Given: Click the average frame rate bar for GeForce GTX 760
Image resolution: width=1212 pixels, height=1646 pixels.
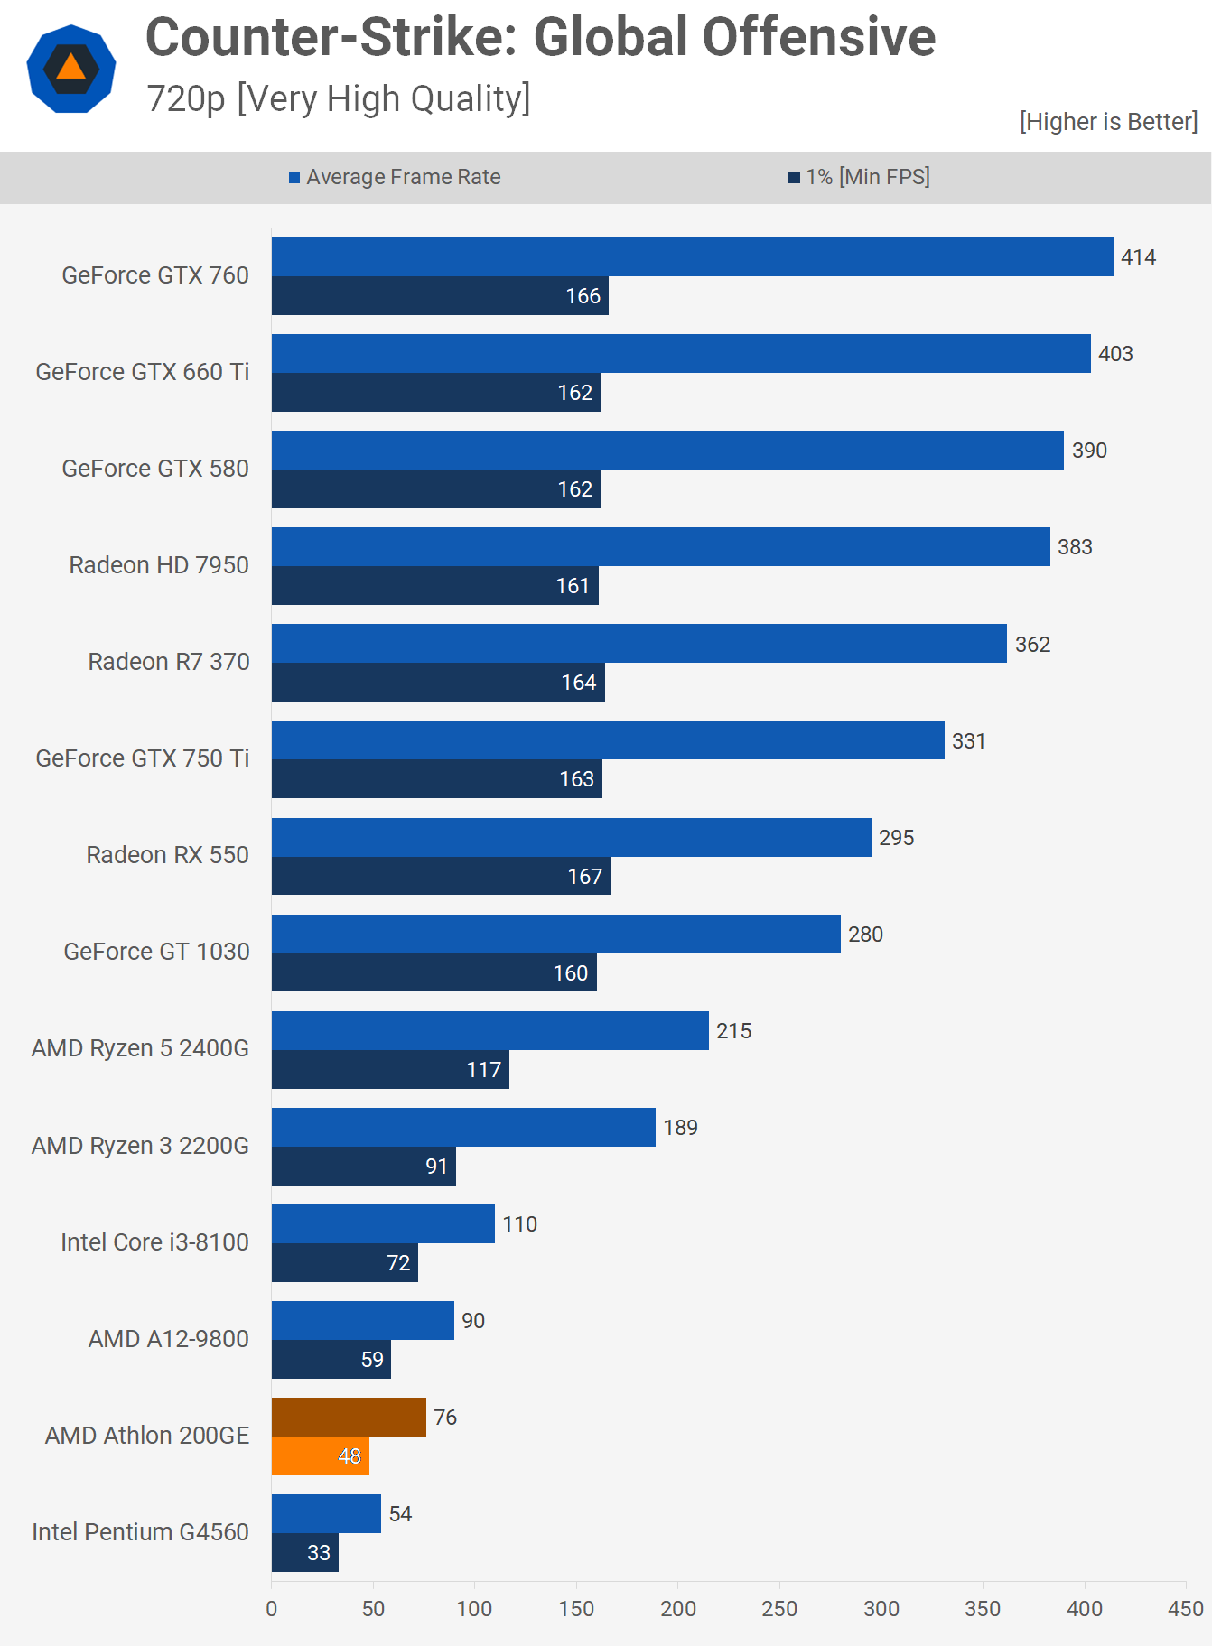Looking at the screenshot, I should pyautogui.click(x=692, y=257).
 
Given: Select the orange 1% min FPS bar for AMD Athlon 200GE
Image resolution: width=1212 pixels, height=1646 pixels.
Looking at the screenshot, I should pyautogui.click(x=320, y=1455).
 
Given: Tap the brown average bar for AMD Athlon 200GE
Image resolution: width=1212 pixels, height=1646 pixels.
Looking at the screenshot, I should pyautogui.click(x=349, y=1417).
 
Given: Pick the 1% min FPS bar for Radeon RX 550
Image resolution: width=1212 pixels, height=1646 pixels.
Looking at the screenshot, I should pyautogui.click(x=441, y=876).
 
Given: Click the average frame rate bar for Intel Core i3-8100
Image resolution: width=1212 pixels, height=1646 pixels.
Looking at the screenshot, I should pyautogui.click(x=383, y=1223).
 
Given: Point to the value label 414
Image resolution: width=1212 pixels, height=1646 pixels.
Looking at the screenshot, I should pyautogui.click(x=1138, y=257).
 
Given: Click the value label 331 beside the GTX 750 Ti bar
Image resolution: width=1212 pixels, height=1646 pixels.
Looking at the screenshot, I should pyautogui.click(x=968, y=741).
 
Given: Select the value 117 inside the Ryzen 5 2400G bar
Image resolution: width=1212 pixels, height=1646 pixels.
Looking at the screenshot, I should pyautogui.click(x=483, y=1070).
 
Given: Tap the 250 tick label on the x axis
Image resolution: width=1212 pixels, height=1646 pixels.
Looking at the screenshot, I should pyautogui.click(x=779, y=1609).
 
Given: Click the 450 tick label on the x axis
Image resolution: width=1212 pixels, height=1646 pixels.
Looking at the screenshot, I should pyautogui.click(x=1185, y=1609).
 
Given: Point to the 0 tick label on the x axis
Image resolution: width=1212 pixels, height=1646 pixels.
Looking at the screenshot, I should pyautogui.click(x=272, y=1609).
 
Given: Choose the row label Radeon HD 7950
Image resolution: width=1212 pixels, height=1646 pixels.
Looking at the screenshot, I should pyautogui.click(x=159, y=565).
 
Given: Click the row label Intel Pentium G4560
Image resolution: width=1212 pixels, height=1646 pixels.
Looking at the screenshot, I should pyautogui.click(x=140, y=1532).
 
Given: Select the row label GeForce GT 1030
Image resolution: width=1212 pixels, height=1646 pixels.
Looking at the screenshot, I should pyautogui.click(x=156, y=952).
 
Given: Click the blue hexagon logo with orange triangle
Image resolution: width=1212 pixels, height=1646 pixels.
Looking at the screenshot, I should pyautogui.click(x=71, y=69).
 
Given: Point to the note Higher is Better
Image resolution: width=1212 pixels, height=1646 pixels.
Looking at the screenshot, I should pyautogui.click(x=1108, y=122).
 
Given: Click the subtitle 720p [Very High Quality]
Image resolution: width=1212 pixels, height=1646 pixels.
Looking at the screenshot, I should pyautogui.click(x=339, y=98).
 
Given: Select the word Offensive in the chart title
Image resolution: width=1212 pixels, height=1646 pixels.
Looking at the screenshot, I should pyautogui.click(x=818, y=38).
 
